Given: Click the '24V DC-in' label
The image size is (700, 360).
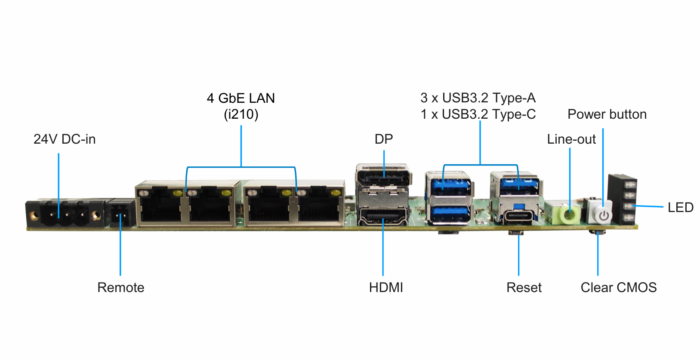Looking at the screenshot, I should coord(65,139).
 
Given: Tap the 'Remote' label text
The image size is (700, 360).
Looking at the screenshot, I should coord(120,287).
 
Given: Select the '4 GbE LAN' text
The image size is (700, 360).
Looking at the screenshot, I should coord(241,98).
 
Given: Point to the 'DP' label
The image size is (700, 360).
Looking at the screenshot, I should coord(383,139).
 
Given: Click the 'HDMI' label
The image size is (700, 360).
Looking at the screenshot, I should coord(386,287).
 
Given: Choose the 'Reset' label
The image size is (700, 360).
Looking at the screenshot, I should coord(524,287).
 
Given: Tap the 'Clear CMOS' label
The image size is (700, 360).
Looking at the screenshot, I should coord(618,287).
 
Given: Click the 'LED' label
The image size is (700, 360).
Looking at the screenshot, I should coord(680,207).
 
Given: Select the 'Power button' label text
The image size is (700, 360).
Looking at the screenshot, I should coord(607,114).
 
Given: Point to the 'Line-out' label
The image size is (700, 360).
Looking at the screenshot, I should coord(571,139).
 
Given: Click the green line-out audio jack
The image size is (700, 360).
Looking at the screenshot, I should coord(569,214).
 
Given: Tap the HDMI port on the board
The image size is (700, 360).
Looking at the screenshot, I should coord(382,217).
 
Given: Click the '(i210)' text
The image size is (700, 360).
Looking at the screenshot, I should coord(241,114).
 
